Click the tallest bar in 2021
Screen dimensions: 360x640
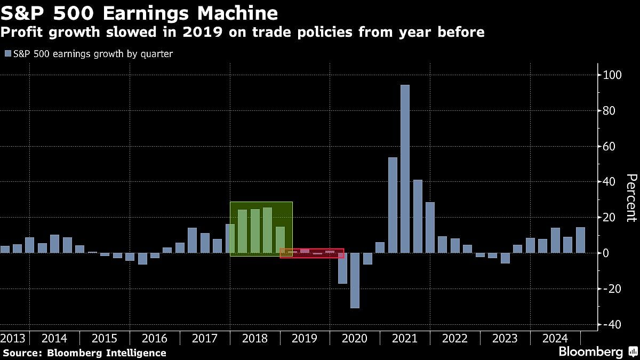pos(405,169)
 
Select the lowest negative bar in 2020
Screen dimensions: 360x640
pos(355,280)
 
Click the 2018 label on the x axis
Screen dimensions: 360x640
pos(254,339)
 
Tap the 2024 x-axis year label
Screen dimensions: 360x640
pos(555,339)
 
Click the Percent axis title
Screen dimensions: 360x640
pos(631,197)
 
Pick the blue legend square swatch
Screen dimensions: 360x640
pos(7,54)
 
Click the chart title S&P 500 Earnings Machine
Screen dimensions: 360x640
pos(139,13)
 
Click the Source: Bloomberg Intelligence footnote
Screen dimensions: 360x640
pos(84,353)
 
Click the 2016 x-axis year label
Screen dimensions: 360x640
pos(154,339)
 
